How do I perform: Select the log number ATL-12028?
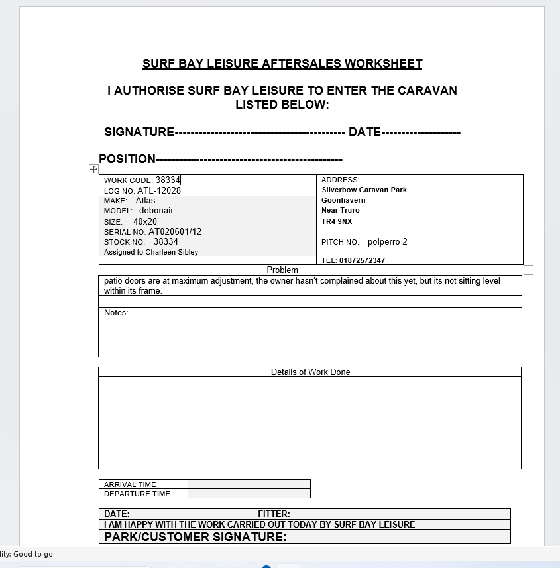pyautogui.click(x=159, y=190)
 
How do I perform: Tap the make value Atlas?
pyautogui.click(x=146, y=200)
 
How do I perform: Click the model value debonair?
pyautogui.click(x=156, y=210)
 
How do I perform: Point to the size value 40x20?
pyautogui.click(x=145, y=221)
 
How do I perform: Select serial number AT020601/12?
pyautogui.click(x=175, y=232)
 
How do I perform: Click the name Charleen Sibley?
pyautogui.click(x=172, y=252)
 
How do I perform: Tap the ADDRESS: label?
pyautogui.click(x=340, y=180)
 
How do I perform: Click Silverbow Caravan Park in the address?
pyautogui.click(x=364, y=190)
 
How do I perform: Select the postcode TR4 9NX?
pyautogui.click(x=337, y=221)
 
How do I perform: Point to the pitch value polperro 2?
pyautogui.click(x=388, y=242)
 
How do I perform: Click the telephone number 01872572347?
pyautogui.click(x=362, y=260)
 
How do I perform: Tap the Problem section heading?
pyautogui.click(x=282, y=270)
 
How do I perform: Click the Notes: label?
pyautogui.click(x=116, y=313)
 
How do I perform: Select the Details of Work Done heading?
pyautogui.click(x=310, y=372)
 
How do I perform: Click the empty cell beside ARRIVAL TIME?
pyautogui.click(x=249, y=484)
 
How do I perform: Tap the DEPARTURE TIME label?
pyautogui.click(x=137, y=494)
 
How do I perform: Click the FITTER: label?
pyautogui.click(x=274, y=514)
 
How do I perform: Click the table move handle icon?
pyautogui.click(x=93, y=170)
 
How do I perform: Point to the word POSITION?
pyautogui.click(x=127, y=159)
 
